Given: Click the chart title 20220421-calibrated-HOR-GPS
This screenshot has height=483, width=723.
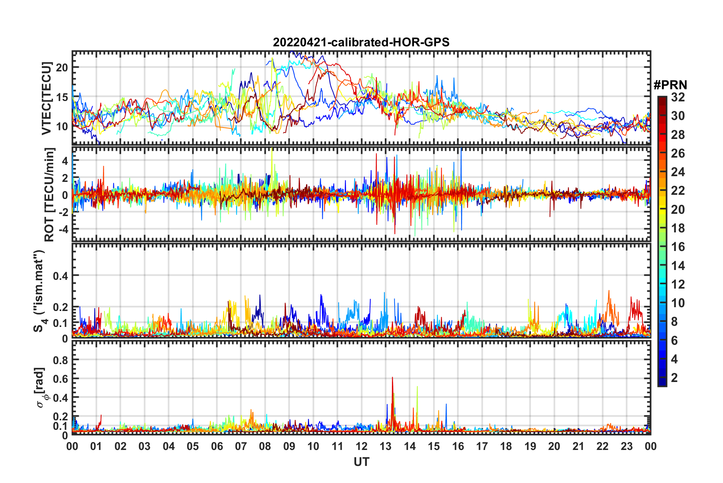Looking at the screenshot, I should point(361,42).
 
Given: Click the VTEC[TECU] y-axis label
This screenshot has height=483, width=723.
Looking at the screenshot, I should point(46,99).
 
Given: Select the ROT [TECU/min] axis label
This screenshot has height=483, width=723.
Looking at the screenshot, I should point(49,194).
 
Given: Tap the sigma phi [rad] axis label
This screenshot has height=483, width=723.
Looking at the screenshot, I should point(41,387).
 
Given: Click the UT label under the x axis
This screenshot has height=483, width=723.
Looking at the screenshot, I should point(361,462).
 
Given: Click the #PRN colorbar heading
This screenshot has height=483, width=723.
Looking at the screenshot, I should point(670,85).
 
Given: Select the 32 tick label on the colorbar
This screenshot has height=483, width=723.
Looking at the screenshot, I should point(678,97).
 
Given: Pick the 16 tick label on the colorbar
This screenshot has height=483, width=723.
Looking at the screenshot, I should point(678,247).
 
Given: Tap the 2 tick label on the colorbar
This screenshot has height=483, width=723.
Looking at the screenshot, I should point(675,377).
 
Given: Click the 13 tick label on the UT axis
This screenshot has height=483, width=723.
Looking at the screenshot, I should point(385,446).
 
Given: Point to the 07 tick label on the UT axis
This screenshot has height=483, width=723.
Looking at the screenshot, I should point(241,446).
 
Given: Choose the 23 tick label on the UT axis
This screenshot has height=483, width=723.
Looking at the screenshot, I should point(626,446).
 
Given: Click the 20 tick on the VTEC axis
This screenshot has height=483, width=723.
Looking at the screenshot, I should point(62,68).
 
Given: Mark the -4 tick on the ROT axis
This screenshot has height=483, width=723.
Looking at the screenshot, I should point(62,229).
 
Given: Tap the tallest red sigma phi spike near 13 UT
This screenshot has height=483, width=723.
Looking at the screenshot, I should point(392,378).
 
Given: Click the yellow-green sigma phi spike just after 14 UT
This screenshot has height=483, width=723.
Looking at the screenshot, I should point(417,387).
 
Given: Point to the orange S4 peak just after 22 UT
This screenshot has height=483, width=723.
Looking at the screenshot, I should point(609,292).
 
